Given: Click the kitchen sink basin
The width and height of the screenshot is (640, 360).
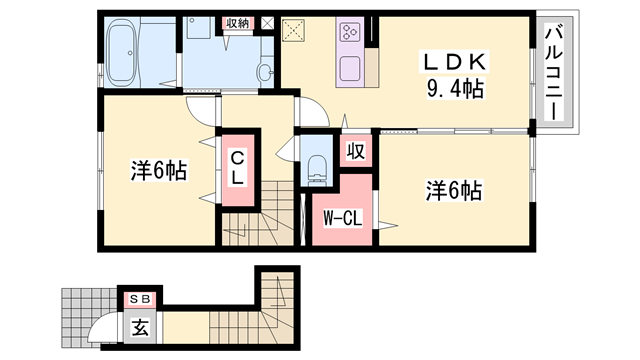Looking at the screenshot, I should point(352,71).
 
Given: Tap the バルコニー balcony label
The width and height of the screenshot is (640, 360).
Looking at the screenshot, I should point(554,74).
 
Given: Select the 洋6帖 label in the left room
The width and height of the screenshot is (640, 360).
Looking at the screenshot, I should point(158,170).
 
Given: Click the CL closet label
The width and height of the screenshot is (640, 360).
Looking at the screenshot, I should point(238,167).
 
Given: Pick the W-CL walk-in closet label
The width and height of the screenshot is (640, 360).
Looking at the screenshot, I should point(338,216).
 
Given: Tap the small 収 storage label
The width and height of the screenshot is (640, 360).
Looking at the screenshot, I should point(355,151).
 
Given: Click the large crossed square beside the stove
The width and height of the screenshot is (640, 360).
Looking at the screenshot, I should point(298,33).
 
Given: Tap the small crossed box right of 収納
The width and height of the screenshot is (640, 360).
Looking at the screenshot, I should point(266,22).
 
